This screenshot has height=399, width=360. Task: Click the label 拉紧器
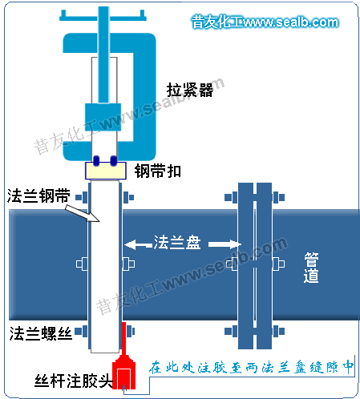click(190, 90)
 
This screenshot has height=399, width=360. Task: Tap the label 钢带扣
click(158, 171)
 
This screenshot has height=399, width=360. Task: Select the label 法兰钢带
click(38, 195)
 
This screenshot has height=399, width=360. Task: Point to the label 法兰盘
click(177, 242)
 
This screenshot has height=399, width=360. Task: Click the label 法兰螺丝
click(41, 333)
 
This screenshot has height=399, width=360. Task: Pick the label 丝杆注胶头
click(73, 381)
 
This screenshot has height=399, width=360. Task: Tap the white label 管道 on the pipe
click(311, 268)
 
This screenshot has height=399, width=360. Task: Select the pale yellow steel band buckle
click(106, 171)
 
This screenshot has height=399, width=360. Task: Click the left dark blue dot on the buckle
click(96, 161)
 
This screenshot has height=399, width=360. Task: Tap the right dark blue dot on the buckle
click(114, 161)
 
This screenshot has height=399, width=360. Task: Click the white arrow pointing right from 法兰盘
click(224, 244)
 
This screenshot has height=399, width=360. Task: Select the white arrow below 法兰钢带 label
click(83, 213)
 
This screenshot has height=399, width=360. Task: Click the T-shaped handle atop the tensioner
click(103, 15)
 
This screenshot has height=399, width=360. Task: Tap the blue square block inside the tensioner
click(103, 117)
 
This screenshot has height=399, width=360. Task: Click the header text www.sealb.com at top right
click(291, 22)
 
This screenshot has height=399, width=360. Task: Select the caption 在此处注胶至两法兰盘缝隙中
click(251, 367)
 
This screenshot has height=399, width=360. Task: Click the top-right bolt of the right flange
click(279, 198)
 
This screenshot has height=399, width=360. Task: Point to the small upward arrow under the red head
click(123, 388)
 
